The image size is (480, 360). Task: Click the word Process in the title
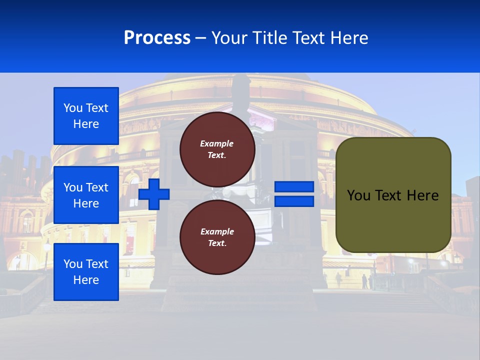pos(157,38)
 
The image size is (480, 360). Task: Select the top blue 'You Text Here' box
pos(86,116)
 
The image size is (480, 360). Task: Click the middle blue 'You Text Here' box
pos(86,195)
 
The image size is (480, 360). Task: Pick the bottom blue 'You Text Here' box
pos(86,272)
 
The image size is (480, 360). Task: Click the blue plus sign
pos(154,194)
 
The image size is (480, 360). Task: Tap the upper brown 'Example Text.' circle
pos(217,149)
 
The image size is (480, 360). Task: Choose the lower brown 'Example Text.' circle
pos(217,237)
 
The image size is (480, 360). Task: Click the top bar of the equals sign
pos(294,187)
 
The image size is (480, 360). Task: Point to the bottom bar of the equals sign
pos(294,201)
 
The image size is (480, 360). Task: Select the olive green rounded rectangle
pos(393,220)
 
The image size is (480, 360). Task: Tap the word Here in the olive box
pos(423,195)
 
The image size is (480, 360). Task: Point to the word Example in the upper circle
pos(217,143)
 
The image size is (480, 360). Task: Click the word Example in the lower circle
pos(217,231)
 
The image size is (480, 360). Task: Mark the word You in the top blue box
pos(73,108)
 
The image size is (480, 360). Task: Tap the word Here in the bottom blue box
pos(86,280)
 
